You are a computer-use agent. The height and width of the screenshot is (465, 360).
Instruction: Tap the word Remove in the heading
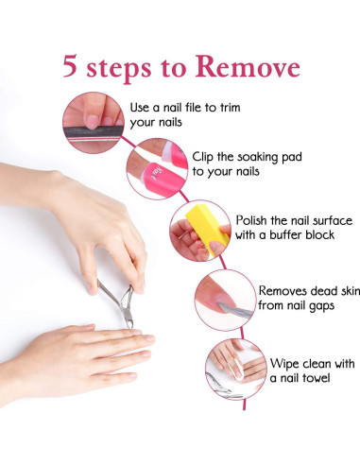(248, 67)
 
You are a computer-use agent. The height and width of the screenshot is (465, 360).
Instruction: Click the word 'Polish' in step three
(253, 218)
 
